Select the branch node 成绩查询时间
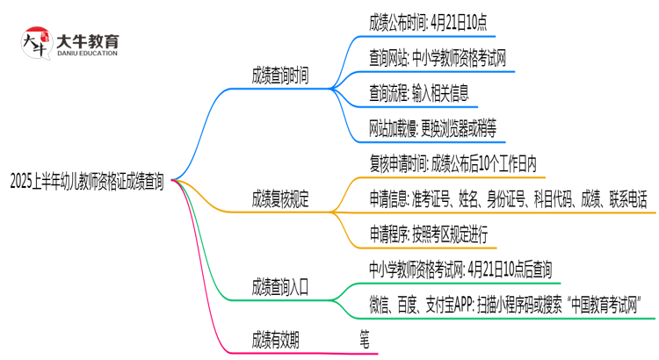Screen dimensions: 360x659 click(279, 76)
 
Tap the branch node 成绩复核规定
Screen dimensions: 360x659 click(279, 199)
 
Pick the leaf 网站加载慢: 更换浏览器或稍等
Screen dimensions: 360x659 click(433, 128)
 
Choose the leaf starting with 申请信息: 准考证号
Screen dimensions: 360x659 click(509, 199)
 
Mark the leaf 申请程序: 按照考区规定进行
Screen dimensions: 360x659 click(429, 234)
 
